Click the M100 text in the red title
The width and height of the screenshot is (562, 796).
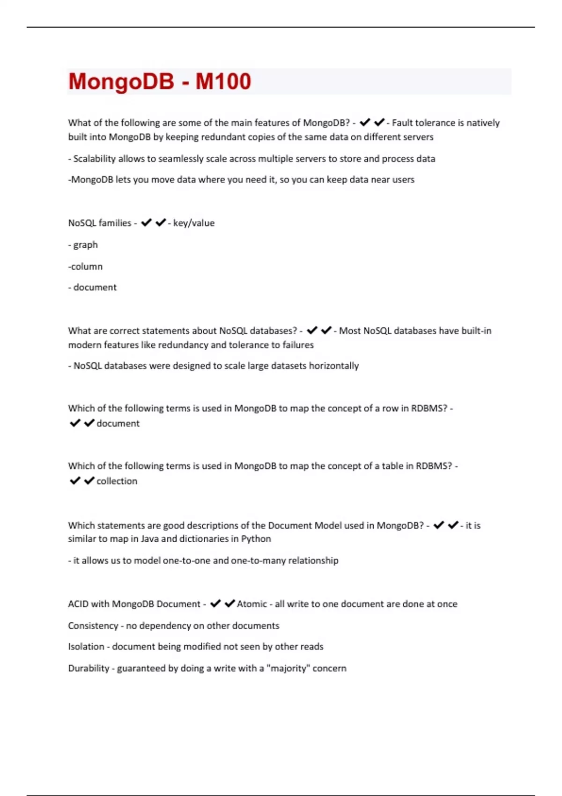pos(223,81)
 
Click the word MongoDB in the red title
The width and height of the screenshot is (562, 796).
pos(121,81)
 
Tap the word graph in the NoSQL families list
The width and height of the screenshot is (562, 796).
pos(85,245)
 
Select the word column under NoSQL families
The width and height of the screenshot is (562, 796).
pos(87,266)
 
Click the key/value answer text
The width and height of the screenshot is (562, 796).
pos(193,223)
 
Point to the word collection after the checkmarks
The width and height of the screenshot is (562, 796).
pos(117,481)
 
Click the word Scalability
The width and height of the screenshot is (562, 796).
pos(94,159)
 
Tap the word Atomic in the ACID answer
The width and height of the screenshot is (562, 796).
pos(252,604)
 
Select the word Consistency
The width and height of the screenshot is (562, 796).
pos(93,626)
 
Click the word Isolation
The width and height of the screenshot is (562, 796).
pos(86,647)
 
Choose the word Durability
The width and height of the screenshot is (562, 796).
pos(89,668)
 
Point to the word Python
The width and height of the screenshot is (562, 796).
pos(256,539)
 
